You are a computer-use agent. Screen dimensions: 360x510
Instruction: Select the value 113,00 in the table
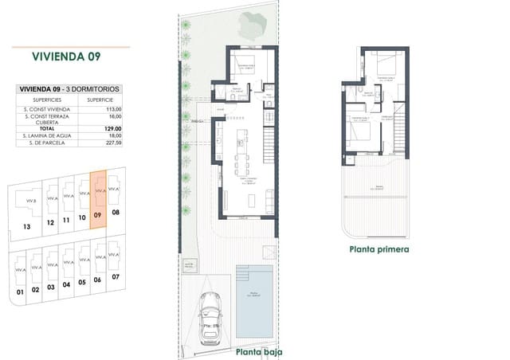pyautogui.click(x=111, y=108)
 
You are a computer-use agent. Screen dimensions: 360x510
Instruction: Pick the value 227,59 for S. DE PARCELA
pyautogui.click(x=111, y=143)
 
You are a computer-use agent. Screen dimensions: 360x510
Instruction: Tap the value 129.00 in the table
pyautogui.click(x=111, y=128)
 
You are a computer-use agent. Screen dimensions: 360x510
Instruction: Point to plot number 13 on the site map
pyautogui.click(x=27, y=226)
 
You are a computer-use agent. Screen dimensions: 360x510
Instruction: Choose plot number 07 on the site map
pyautogui.click(x=116, y=276)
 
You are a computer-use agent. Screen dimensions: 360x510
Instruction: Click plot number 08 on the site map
pyautogui.click(x=116, y=213)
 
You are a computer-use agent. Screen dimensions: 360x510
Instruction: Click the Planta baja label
pyautogui.click(x=258, y=351)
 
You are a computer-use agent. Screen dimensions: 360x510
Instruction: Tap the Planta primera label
pyautogui.click(x=379, y=248)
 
